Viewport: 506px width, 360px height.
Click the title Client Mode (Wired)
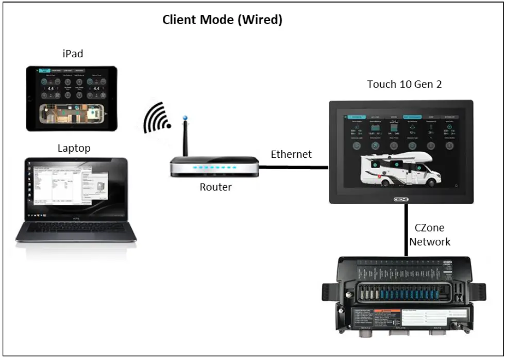click(x=222, y=20)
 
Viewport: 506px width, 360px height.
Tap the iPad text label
click(x=73, y=54)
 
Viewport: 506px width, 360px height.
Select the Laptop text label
click(x=74, y=149)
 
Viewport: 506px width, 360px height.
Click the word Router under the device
click(x=215, y=187)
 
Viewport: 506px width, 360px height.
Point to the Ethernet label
click(x=291, y=154)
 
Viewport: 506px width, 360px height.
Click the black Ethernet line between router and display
click(x=294, y=167)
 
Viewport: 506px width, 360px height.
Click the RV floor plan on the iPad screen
click(x=72, y=114)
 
